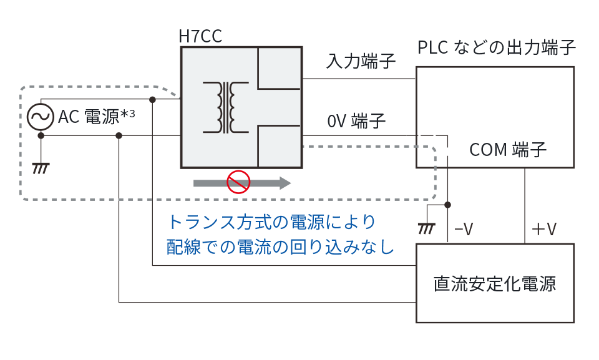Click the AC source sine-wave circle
point(40,117)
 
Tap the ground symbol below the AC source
point(41,167)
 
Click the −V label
point(464,230)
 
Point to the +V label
point(543,230)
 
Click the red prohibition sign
point(238,182)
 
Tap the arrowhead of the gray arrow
point(285,183)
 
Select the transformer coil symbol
point(225,107)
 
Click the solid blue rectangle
point(279,233)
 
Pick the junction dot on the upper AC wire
point(152,100)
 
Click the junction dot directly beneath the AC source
point(41,135)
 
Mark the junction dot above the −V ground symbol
point(447,205)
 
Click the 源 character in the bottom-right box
point(549,284)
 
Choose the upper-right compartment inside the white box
point(279,67)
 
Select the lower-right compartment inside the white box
point(279,146)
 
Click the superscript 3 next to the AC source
point(132,114)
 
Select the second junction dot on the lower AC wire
point(119,135)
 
